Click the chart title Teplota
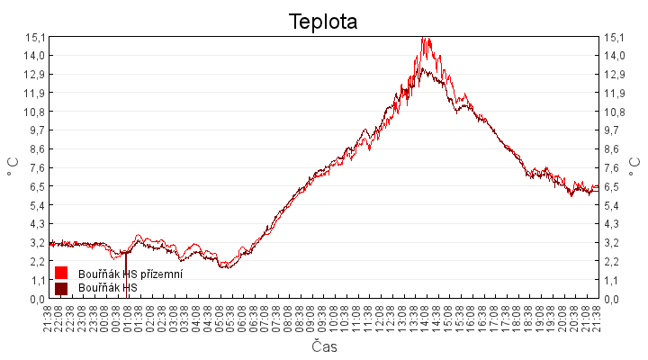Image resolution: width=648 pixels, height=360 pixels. pos(323,22)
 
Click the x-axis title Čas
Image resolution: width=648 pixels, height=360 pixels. pos(324,346)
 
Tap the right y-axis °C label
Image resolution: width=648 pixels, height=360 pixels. pos(634,167)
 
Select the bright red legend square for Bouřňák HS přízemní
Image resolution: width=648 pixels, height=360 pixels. pos(61,273)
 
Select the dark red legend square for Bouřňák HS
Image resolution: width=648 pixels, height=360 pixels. pos(61,288)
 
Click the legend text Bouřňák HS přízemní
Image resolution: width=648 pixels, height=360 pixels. pos(130,274)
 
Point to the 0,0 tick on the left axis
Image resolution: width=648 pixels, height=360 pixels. pos(35,299)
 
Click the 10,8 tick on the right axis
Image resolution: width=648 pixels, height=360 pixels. pos(613,112)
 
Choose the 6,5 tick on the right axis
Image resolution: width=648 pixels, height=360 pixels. pos(613,186)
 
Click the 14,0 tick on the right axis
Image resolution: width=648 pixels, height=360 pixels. pos(613,55)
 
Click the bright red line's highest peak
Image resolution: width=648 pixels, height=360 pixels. pos(424,39)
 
